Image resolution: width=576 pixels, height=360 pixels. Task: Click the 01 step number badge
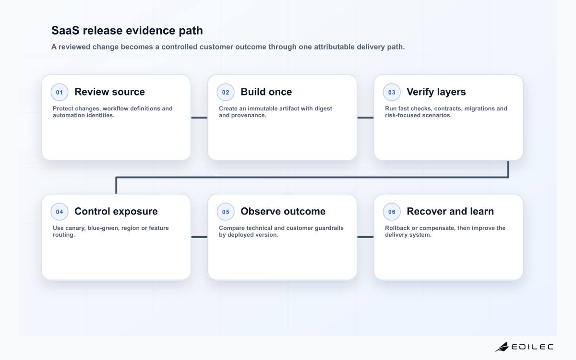click(60, 92)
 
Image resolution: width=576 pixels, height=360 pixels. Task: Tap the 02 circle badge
click(226, 92)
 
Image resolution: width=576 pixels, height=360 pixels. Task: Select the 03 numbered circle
click(392, 92)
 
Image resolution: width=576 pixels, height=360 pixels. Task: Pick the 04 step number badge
click(60, 212)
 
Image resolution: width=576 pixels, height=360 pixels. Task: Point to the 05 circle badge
click(226, 212)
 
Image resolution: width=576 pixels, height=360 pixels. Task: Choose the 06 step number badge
click(392, 212)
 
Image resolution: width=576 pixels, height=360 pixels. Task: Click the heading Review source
click(109, 92)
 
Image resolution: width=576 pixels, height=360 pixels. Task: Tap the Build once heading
click(266, 92)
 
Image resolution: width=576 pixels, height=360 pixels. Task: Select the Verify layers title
click(436, 92)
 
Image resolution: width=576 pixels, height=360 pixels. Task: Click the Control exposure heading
click(116, 211)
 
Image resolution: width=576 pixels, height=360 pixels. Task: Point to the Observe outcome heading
click(283, 211)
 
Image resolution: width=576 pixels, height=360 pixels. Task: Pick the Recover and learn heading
click(450, 211)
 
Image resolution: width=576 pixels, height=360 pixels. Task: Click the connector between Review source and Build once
click(199, 118)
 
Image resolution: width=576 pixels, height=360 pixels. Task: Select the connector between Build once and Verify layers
click(365, 118)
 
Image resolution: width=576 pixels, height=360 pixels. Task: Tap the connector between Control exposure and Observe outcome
click(199, 237)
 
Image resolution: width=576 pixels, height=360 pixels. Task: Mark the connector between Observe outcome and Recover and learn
click(365, 237)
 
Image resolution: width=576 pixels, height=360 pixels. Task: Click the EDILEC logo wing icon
click(502, 347)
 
